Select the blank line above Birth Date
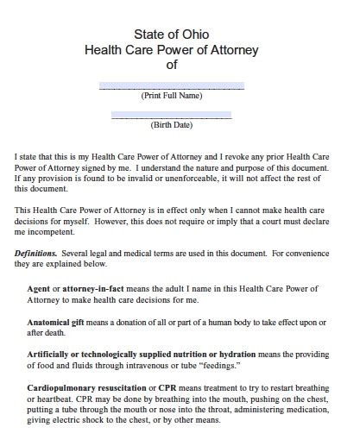172,116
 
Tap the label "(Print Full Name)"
172,96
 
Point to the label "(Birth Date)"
172,125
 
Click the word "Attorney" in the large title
235,49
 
